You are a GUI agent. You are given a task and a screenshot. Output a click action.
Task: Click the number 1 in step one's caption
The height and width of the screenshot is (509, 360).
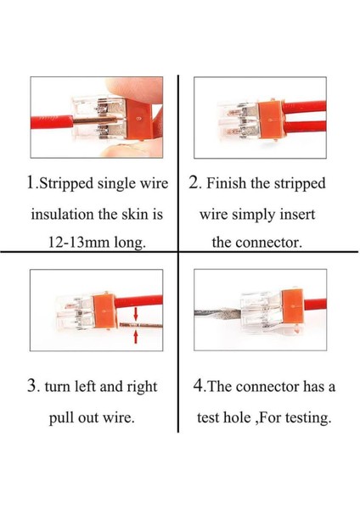(x=31, y=182)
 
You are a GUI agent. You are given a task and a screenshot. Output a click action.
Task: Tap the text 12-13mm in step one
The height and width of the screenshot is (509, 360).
(x=77, y=242)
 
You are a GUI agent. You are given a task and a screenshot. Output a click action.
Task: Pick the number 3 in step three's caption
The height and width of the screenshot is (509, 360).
(x=31, y=386)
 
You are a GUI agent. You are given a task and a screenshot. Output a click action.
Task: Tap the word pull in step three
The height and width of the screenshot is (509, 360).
(x=61, y=417)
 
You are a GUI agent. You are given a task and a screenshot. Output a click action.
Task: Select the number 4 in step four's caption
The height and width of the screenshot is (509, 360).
(x=198, y=386)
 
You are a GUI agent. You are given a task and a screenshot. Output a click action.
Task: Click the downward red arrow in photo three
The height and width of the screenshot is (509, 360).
(x=136, y=314)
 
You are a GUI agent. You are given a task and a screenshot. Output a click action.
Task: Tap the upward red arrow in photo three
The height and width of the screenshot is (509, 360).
(x=136, y=336)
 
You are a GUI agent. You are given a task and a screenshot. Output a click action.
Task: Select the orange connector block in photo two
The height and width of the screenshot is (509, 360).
(x=270, y=120)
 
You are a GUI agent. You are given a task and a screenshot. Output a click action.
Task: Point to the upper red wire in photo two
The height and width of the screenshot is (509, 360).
(x=304, y=107)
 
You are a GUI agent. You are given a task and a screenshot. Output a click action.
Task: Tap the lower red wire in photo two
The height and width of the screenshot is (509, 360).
(x=305, y=127)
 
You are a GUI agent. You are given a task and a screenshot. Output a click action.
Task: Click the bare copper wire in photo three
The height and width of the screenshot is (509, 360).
(x=141, y=325)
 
